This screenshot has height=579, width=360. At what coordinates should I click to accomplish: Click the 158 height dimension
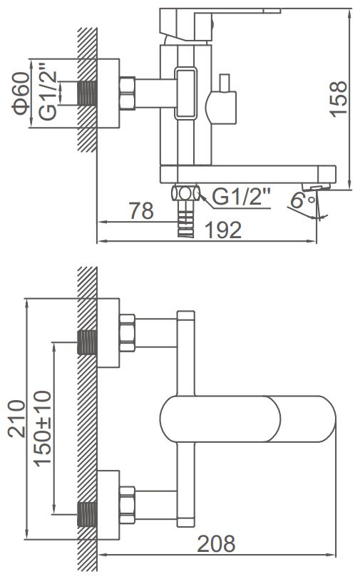point(339,99)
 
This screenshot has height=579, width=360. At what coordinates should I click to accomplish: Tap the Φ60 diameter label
point(21,93)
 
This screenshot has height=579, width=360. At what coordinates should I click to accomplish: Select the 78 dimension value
point(141,211)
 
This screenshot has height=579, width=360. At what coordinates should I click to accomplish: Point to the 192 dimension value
point(223,230)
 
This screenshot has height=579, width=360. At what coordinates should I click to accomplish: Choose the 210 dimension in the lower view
point(16,419)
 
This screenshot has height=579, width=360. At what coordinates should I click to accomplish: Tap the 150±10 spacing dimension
point(43,429)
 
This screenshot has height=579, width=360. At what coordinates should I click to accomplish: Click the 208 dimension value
point(216,543)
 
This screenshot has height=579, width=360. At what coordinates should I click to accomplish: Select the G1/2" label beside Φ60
point(48,91)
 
